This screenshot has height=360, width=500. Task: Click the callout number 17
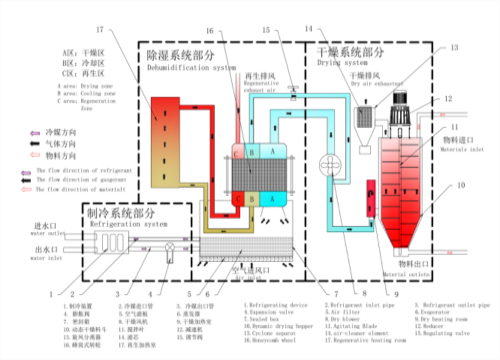[x=98, y=30]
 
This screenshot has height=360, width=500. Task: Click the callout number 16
[x=237, y=30]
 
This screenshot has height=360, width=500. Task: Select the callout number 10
[x=461, y=185]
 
